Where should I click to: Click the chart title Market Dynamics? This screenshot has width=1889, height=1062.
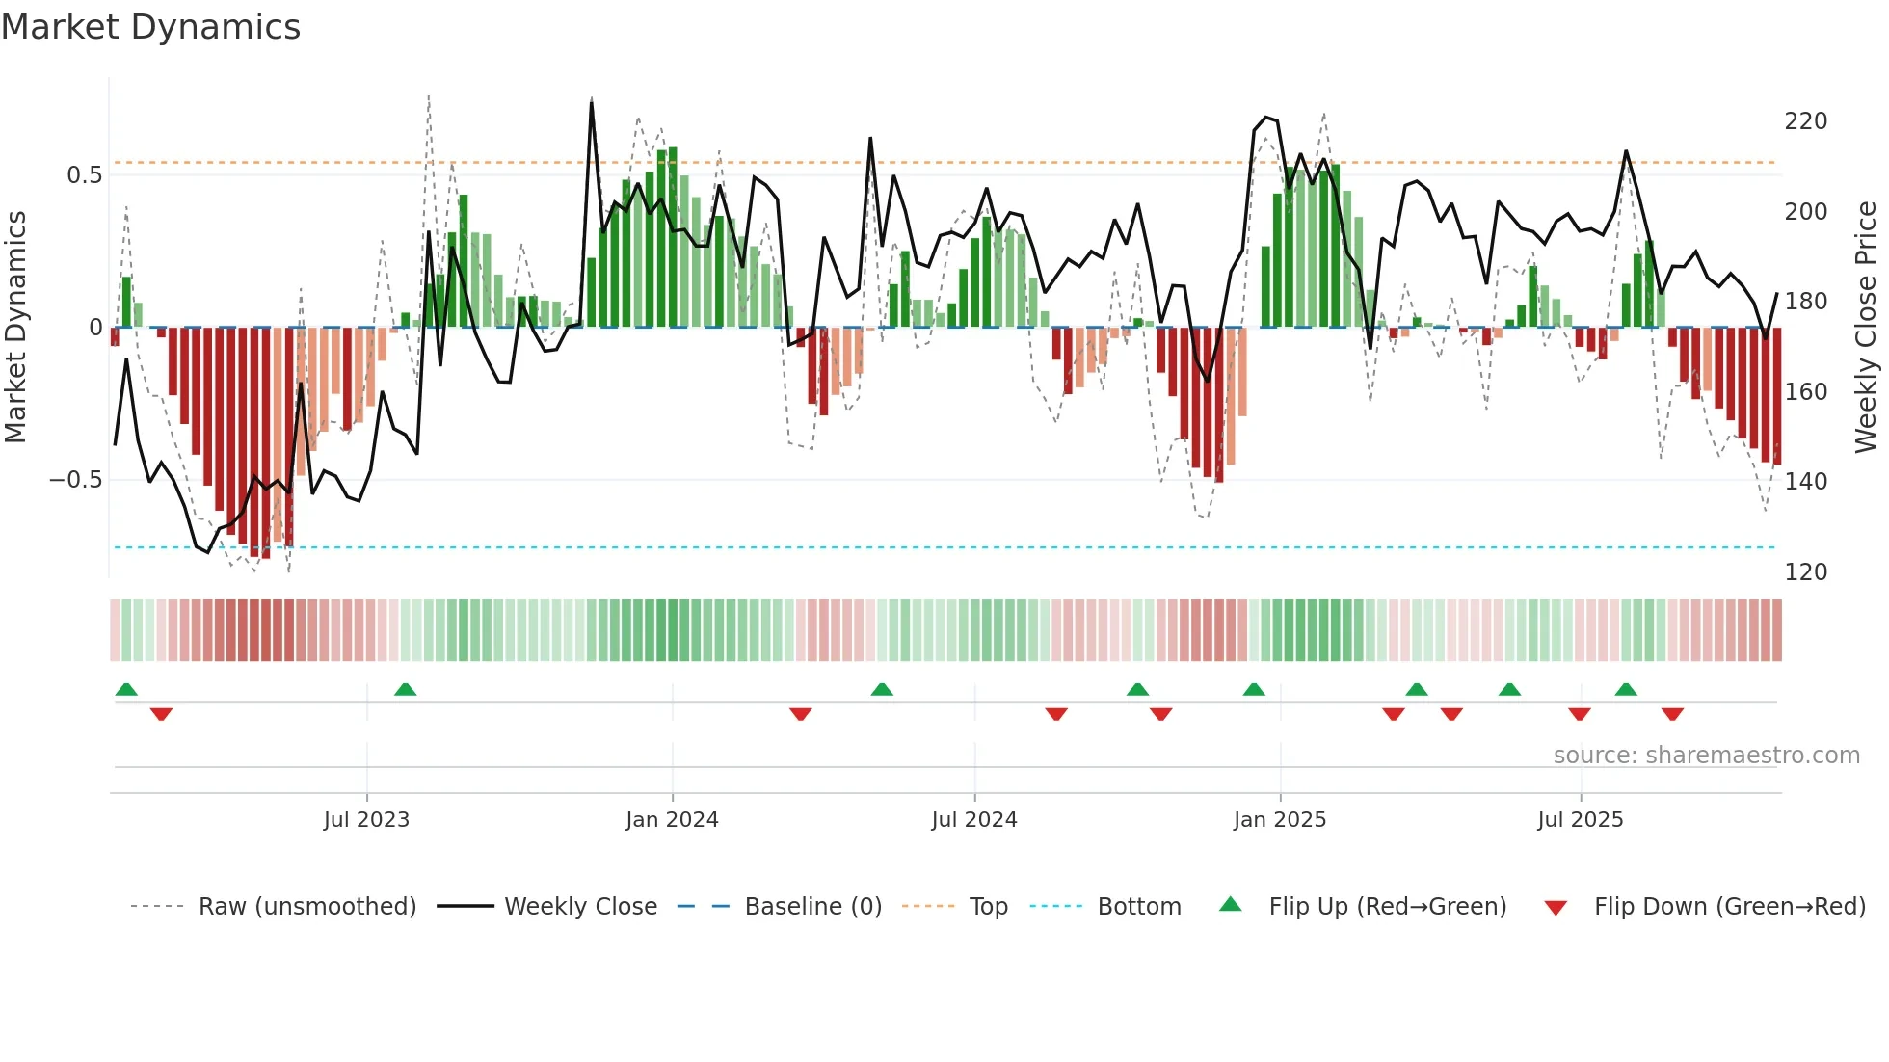[x=150, y=27]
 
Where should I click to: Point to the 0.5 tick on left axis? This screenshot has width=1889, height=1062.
[x=84, y=175]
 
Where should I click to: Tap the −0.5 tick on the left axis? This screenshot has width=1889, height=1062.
[x=75, y=480]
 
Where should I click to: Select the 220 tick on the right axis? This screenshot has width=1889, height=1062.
[x=1805, y=121]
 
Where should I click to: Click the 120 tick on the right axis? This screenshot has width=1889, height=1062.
[x=1805, y=572]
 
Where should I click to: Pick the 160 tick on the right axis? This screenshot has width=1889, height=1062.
[x=1805, y=392]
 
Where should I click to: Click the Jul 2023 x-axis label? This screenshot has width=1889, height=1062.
[x=366, y=820]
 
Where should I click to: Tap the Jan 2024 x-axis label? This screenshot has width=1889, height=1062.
[x=672, y=820]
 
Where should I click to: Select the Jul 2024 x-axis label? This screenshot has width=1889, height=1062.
[x=974, y=820]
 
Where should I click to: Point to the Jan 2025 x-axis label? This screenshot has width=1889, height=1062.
[x=1280, y=820]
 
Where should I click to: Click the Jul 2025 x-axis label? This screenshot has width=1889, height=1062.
[x=1581, y=820]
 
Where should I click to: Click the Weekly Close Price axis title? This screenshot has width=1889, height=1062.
[x=1866, y=328]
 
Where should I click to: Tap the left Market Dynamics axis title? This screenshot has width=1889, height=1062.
[x=16, y=328]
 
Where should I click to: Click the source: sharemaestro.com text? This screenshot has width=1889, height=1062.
[x=1706, y=756]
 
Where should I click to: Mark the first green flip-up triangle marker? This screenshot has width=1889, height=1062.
[x=126, y=689]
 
